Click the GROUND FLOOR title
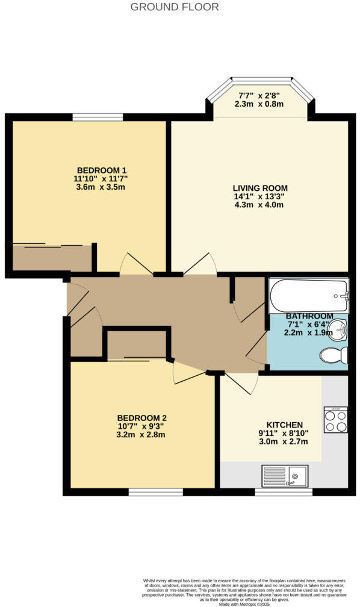[x=175, y=7]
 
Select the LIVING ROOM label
[x=261, y=188]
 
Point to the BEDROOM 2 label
[x=141, y=418]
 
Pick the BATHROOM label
[x=309, y=316]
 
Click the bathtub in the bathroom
[x=309, y=295]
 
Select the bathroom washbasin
[x=339, y=329]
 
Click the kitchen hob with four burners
[x=335, y=420]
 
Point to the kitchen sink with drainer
[x=285, y=476]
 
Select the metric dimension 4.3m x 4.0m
[x=261, y=205]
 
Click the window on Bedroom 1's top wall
[x=98, y=117]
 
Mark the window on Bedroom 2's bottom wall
[x=155, y=492]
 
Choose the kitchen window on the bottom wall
[x=283, y=492]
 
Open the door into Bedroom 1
[x=136, y=265]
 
